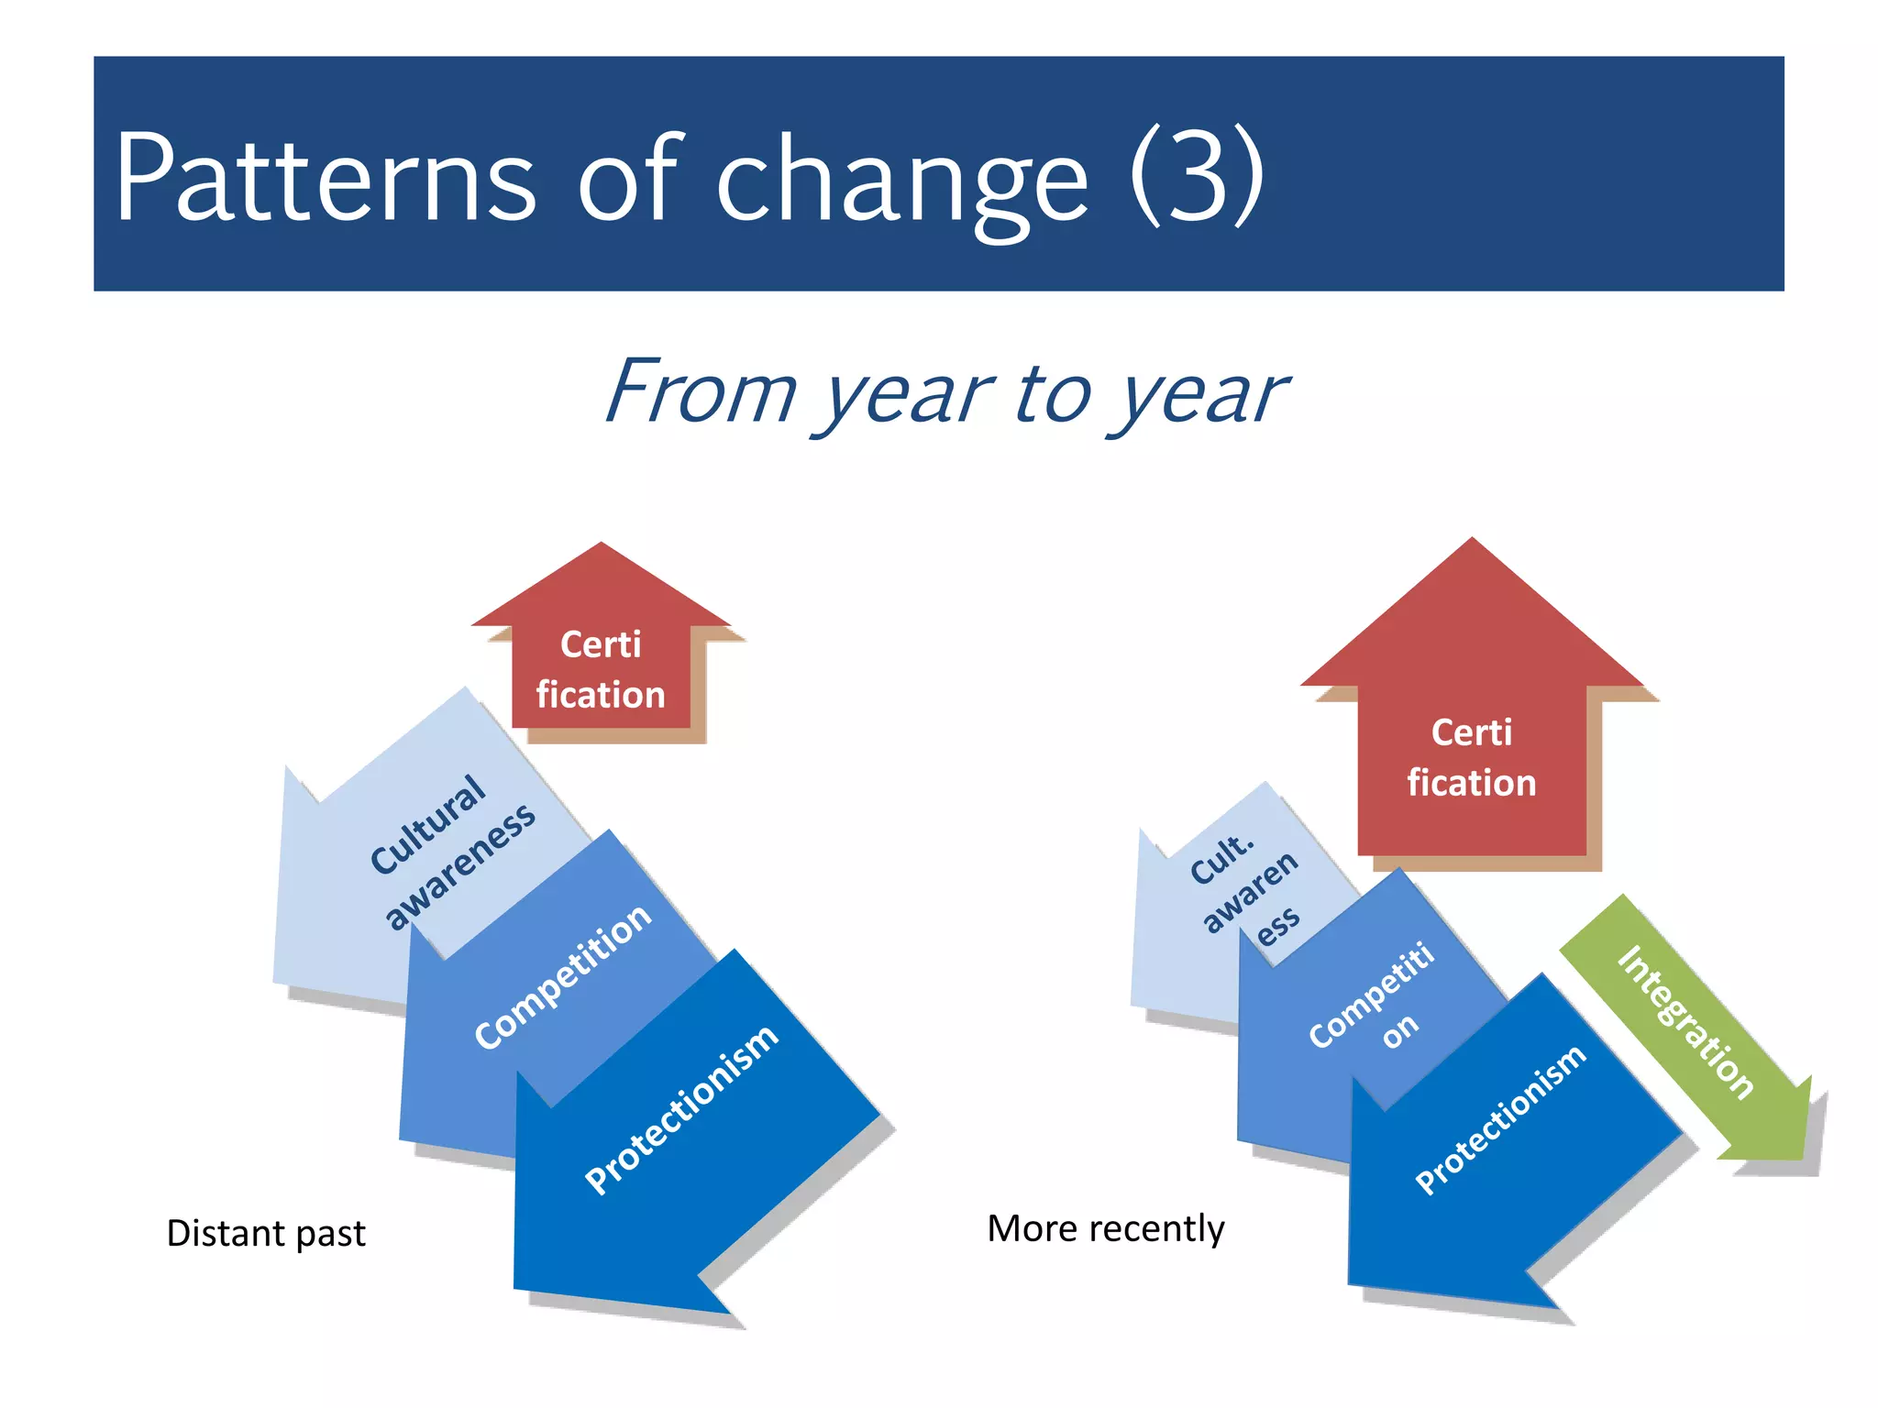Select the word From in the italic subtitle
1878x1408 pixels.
coord(701,391)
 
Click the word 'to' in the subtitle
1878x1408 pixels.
coord(1054,392)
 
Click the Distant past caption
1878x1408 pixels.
coord(266,1233)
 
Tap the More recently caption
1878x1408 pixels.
coord(1106,1228)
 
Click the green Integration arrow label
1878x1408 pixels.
coord(1685,1021)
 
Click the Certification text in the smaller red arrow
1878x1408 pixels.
coord(601,670)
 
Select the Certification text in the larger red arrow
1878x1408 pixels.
coord(1472,758)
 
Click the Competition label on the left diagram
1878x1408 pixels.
coord(563,975)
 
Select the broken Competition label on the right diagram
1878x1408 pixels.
coord(1375,999)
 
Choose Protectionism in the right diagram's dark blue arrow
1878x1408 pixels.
coord(1500,1119)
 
